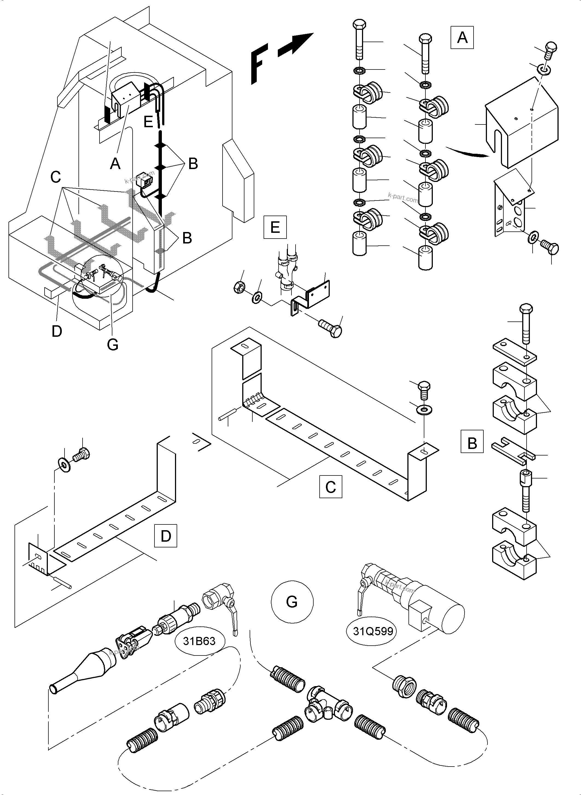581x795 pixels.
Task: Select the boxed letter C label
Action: [x=331, y=487]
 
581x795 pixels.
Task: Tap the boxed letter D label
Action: [x=166, y=536]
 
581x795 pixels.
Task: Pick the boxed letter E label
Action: [x=275, y=227]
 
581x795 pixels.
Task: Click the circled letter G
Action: [x=292, y=602]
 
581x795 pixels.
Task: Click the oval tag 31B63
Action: [x=199, y=641]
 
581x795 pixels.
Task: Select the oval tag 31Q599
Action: [x=373, y=631]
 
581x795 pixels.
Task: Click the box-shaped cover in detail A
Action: [x=522, y=121]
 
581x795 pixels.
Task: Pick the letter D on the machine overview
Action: [x=57, y=331]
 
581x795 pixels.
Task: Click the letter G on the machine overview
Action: [x=113, y=344]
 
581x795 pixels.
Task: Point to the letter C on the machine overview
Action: [x=56, y=177]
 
